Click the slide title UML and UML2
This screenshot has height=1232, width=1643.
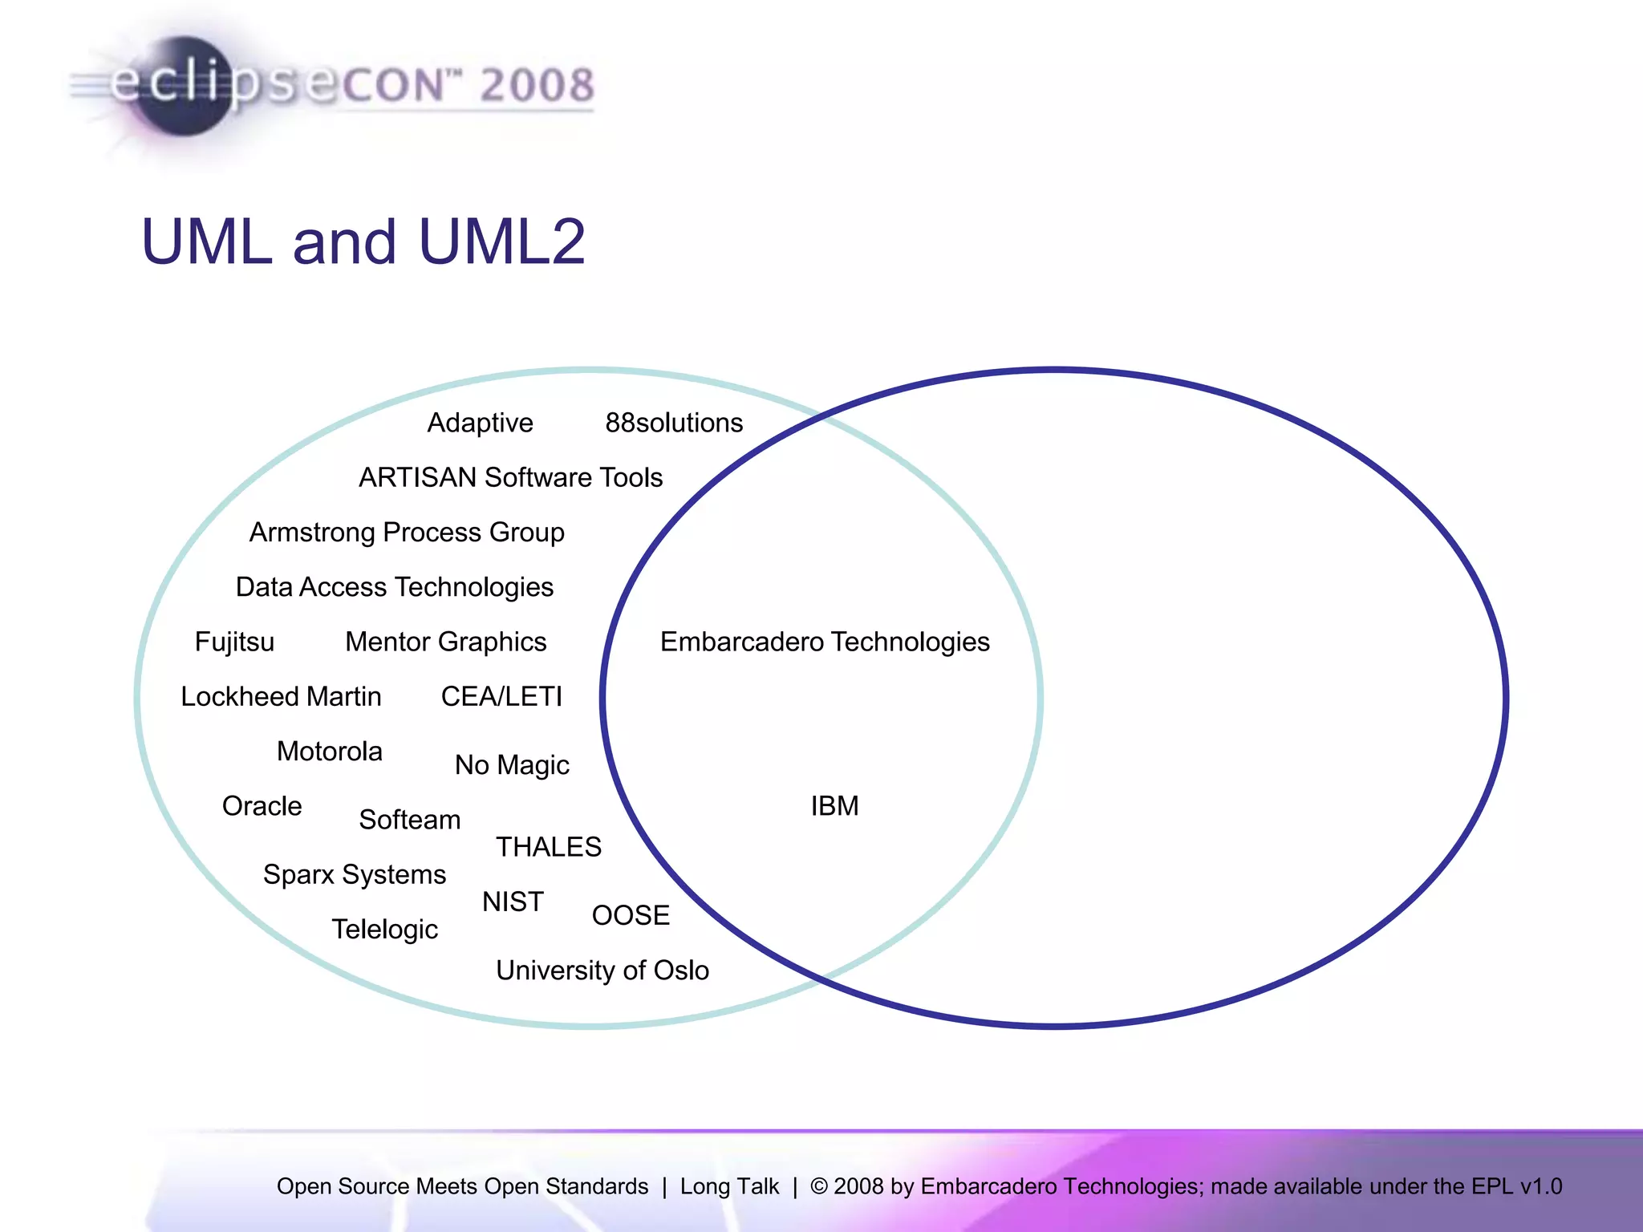[363, 241]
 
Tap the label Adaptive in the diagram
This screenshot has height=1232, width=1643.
[480, 423]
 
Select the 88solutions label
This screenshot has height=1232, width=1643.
[674, 423]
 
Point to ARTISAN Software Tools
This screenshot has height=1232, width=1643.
[510, 477]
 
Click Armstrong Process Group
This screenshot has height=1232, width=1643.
[407, 533]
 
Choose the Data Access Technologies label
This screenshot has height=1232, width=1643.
[394, 587]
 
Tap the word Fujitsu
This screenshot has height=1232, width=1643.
[234, 642]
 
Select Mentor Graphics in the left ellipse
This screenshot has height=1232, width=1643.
[445, 642]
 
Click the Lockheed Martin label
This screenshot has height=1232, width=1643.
[281, 696]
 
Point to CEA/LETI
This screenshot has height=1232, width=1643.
[501, 696]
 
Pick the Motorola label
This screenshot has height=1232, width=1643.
[329, 752]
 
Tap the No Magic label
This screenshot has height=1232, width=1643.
[512, 765]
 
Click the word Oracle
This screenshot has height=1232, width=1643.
[262, 806]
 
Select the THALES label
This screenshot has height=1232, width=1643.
[549, 847]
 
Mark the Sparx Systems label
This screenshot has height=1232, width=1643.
[355, 874]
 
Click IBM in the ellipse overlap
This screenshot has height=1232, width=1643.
[834, 806]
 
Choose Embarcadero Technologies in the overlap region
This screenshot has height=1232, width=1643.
[825, 642]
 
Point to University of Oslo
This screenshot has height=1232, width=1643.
[602, 971]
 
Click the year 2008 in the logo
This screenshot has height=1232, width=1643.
[537, 85]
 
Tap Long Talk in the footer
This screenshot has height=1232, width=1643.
[729, 1186]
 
